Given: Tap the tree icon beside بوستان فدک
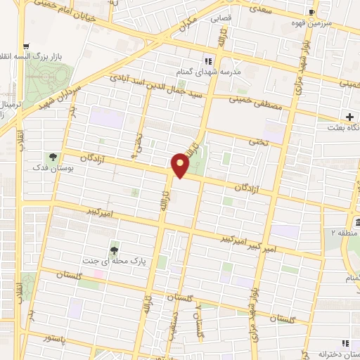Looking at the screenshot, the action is click(x=53, y=156).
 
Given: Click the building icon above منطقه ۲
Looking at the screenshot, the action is click(x=357, y=224).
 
